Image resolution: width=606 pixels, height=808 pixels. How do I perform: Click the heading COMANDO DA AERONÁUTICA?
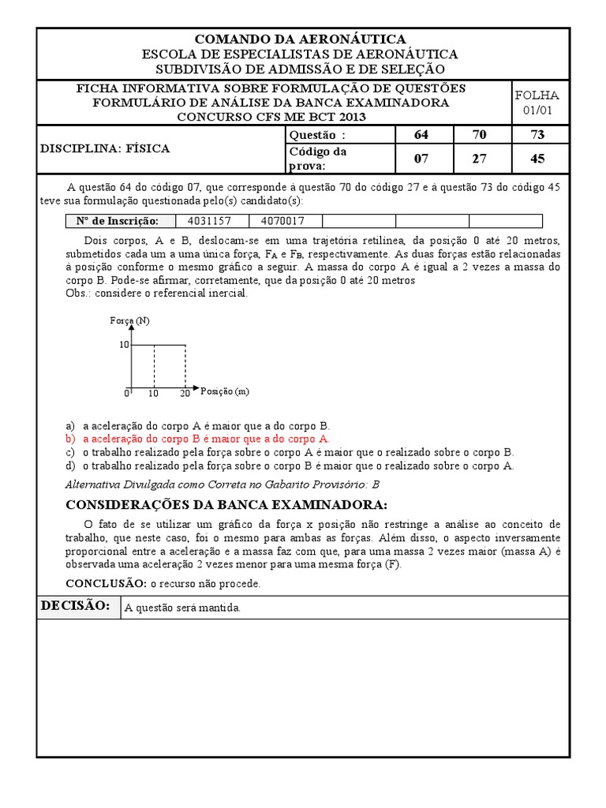(300, 39)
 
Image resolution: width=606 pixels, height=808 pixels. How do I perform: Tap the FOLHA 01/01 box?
(537, 103)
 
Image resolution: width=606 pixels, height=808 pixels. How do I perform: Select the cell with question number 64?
(421, 135)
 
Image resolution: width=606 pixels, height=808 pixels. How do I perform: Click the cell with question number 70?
(480, 135)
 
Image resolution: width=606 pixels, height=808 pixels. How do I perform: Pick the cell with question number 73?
(537, 135)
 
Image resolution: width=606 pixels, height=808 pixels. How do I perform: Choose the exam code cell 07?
(421, 159)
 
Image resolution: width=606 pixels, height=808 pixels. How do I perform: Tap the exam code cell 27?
(480, 159)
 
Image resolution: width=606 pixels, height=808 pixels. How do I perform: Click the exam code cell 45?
(537, 159)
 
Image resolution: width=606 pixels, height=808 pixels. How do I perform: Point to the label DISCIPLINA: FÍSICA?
(105, 148)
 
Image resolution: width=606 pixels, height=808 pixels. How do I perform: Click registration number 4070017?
(285, 221)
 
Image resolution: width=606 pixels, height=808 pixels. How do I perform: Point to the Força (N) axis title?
(130, 320)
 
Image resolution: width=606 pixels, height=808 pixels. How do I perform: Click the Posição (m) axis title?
(226, 391)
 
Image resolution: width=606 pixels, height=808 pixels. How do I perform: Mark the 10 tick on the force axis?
(124, 345)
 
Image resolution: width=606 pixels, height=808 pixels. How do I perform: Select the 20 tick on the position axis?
(185, 393)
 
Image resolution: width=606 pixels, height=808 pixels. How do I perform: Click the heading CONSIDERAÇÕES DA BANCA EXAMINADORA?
(226, 505)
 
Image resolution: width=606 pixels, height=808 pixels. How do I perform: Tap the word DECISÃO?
(74, 606)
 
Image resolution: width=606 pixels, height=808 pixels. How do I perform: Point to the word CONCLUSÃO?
(105, 583)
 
